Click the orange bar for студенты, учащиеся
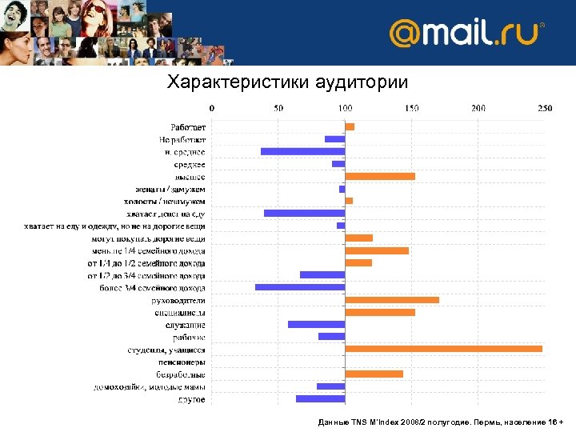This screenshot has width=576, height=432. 443,349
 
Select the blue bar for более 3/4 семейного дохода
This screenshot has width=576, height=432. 300,287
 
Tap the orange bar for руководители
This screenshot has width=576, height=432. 392,300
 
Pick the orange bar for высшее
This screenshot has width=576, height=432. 380,176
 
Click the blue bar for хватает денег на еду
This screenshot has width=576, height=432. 304,214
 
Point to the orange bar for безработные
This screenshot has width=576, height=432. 374,374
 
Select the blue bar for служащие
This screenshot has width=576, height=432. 316,324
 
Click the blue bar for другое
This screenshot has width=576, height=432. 320,398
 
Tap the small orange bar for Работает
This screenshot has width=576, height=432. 350,126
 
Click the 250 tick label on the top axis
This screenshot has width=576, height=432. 544,107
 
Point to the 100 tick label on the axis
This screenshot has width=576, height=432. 345,107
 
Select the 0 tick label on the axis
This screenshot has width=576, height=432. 211,107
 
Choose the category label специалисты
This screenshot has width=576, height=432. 180,312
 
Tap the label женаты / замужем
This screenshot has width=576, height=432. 170,189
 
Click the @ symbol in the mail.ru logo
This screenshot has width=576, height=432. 405,34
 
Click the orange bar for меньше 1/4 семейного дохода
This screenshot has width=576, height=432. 377,250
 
